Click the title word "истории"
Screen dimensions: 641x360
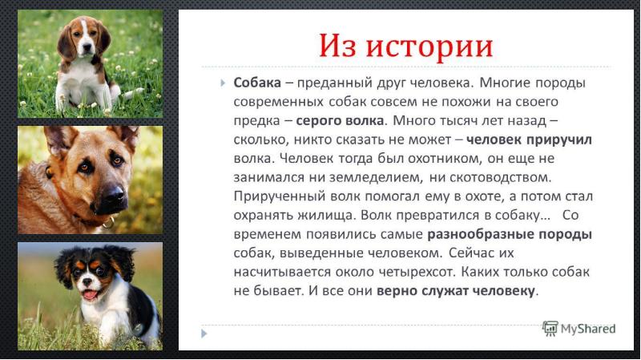429,46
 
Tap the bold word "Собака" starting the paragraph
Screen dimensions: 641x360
257,83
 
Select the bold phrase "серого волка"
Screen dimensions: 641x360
340,121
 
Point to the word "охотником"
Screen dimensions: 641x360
437,158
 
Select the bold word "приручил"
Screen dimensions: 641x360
558,140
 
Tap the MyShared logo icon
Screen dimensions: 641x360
550,329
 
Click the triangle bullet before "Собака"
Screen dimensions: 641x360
223,83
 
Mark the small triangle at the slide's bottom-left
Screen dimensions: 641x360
204,334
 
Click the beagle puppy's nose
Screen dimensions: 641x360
87,47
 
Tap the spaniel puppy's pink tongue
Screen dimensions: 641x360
90,295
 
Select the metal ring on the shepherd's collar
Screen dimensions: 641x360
109,223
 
